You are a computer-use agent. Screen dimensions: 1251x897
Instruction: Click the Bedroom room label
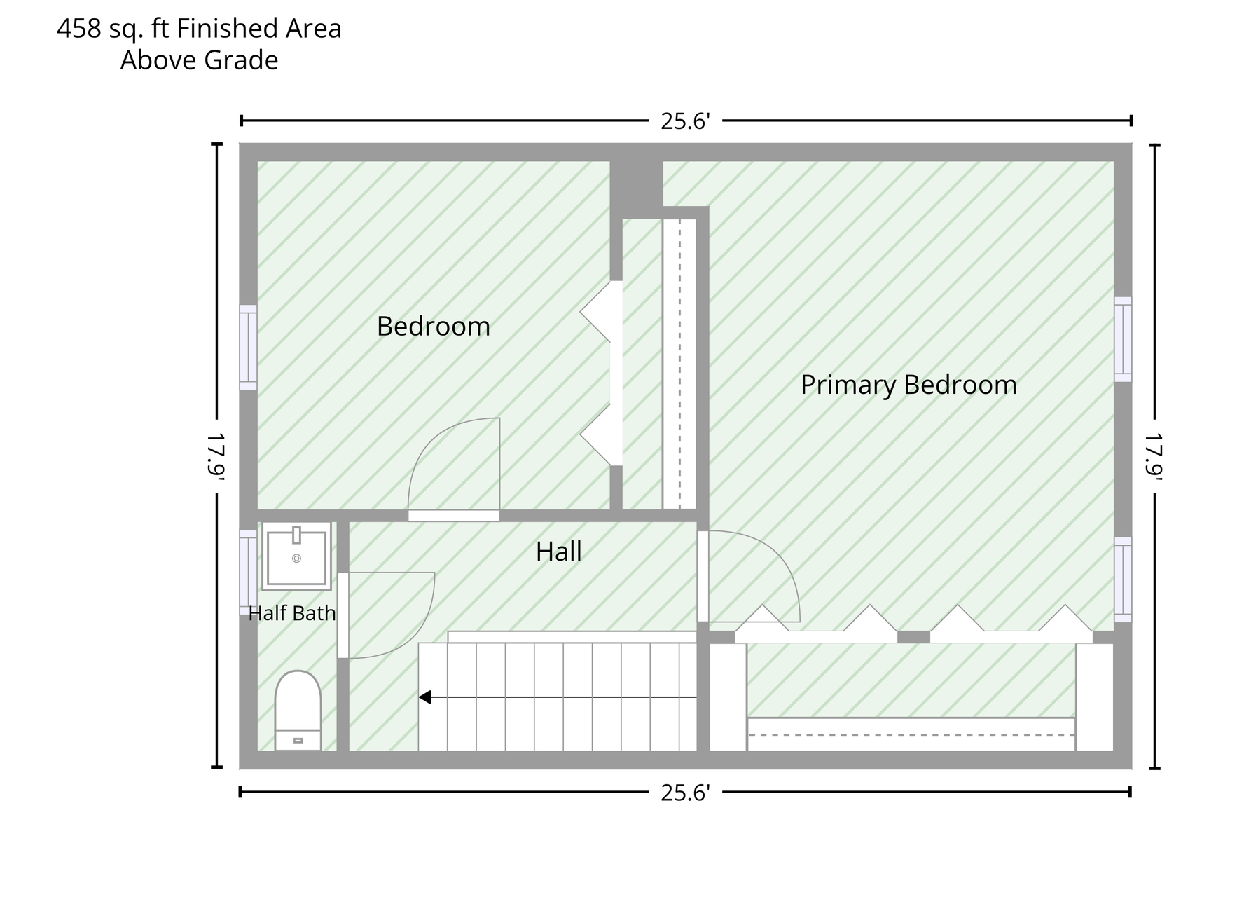coord(433,327)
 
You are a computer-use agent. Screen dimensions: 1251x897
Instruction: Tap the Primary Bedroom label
coord(908,385)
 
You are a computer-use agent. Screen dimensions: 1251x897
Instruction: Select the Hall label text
coord(558,552)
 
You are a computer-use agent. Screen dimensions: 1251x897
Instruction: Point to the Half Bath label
coord(292,614)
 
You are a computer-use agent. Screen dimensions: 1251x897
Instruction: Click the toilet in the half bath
coord(298,711)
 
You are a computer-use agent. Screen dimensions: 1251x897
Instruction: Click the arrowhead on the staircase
coord(425,697)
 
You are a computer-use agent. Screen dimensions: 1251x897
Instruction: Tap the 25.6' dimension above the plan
coord(686,121)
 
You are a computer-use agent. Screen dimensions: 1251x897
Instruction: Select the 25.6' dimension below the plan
coord(686,793)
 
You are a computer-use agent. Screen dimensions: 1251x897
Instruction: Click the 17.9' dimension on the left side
coord(216,456)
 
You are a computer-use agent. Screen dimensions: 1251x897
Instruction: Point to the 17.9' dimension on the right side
coord(1154,456)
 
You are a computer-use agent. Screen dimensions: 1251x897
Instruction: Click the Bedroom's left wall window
coord(249,347)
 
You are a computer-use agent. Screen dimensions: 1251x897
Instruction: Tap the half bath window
coord(249,572)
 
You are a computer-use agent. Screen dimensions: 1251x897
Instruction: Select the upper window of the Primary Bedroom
coord(1123,339)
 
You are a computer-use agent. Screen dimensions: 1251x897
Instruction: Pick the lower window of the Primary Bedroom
coord(1123,580)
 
